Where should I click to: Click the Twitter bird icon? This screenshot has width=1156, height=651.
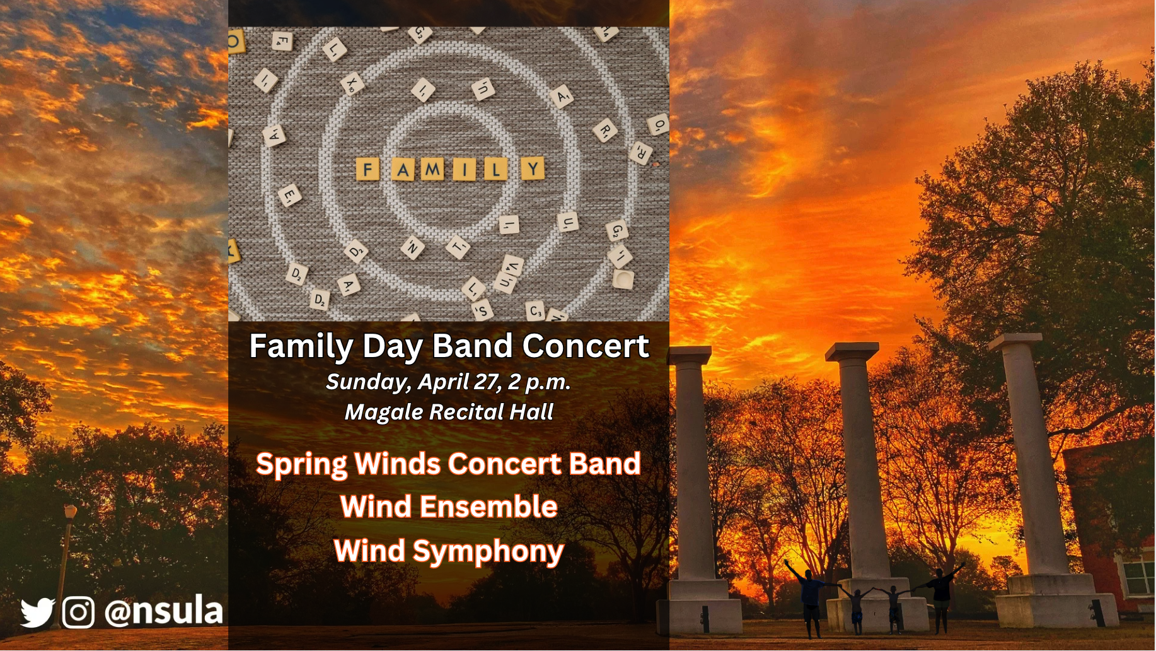[x=38, y=613]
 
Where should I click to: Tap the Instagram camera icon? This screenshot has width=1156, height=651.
[x=79, y=613]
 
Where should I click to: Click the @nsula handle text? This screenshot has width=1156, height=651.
[x=163, y=611]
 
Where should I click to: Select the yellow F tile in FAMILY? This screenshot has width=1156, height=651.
[x=367, y=169]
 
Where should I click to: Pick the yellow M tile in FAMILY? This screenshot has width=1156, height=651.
[x=432, y=169]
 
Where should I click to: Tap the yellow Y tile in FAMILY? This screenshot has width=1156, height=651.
[x=533, y=168]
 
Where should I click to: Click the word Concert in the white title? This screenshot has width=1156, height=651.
[x=586, y=346]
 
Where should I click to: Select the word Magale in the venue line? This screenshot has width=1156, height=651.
[x=384, y=413]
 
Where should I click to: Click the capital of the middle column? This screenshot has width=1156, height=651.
[x=852, y=351]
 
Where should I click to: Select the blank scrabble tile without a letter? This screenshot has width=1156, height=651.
[x=623, y=279]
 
